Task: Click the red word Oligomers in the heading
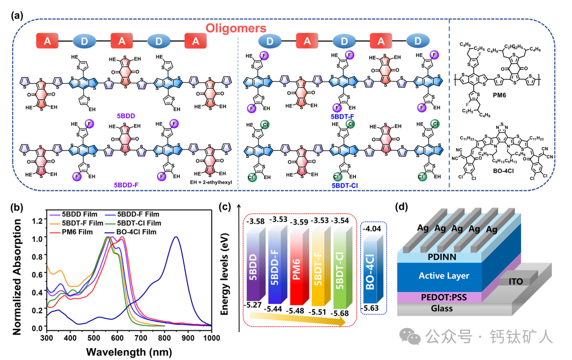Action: click(236, 28)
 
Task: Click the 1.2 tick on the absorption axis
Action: click(39, 221)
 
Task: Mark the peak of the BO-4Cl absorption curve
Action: click(176, 237)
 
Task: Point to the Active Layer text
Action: click(443, 276)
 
